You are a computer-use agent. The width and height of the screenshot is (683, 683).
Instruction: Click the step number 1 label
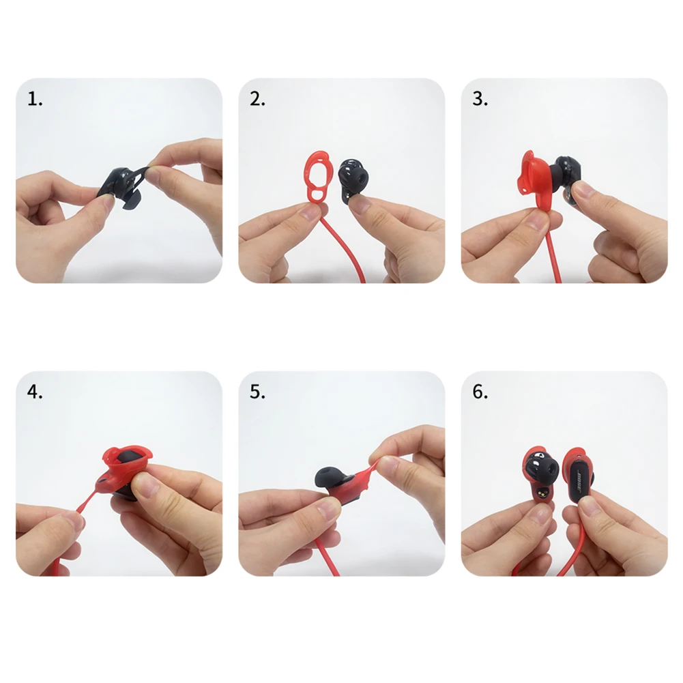35,100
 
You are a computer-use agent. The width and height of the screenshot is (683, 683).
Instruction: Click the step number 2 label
257,100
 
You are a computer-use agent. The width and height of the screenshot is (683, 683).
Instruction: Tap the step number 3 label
480,100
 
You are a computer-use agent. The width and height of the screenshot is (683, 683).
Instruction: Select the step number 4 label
35,392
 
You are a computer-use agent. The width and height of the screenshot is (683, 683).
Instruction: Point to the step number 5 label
257,392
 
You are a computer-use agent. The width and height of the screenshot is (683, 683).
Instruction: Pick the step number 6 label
480,392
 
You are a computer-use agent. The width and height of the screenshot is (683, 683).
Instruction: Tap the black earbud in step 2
353,179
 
